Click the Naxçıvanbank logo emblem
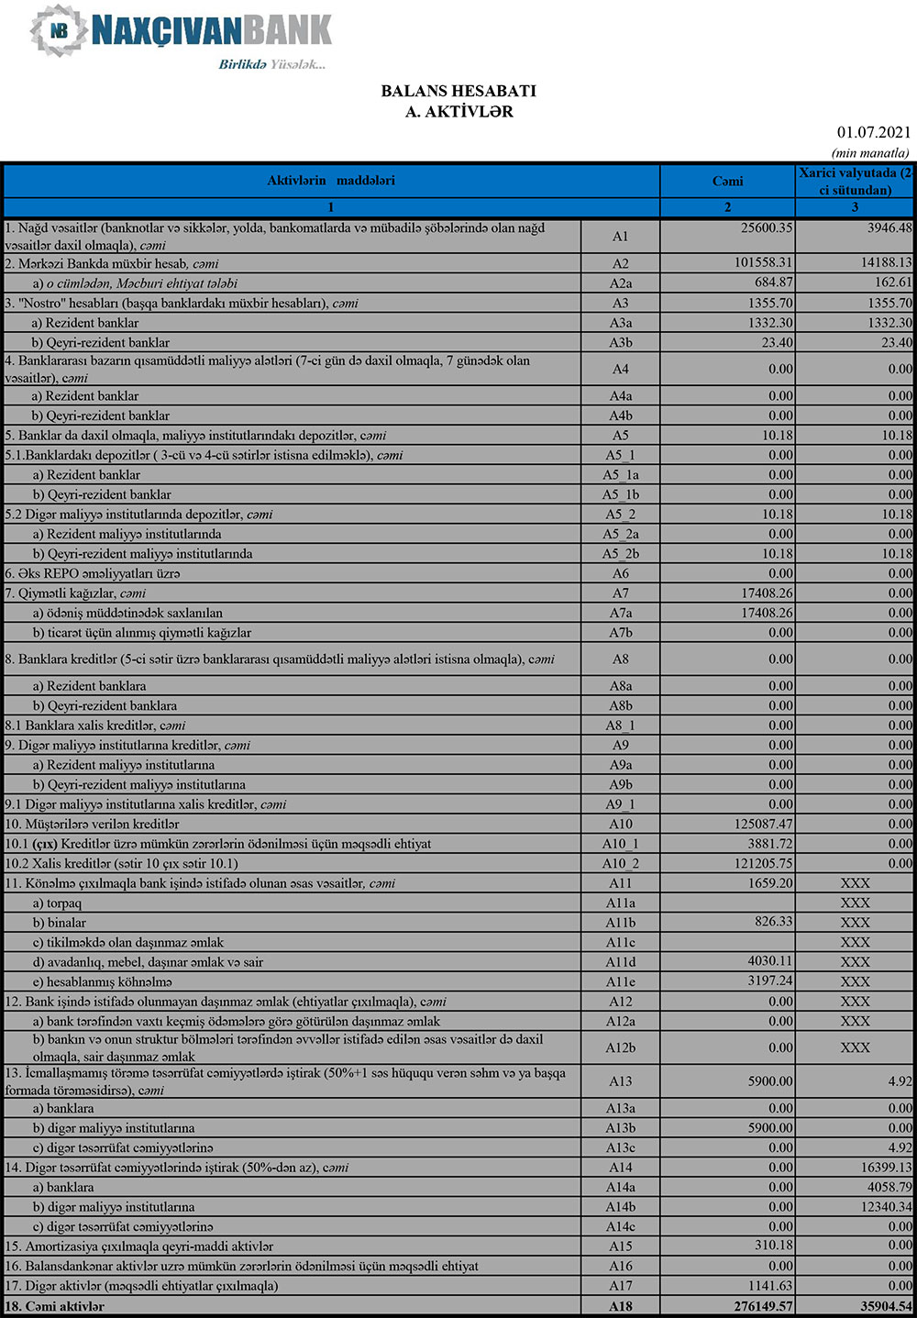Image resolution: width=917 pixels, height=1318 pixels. tap(60, 30)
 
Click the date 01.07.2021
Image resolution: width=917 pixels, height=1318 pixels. tap(873, 133)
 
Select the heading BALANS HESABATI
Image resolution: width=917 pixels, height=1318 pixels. tap(458, 91)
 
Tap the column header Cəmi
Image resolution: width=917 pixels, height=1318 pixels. tap(727, 181)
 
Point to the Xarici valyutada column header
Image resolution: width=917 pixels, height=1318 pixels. tap(855, 181)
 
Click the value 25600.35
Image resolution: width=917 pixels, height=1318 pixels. tap(767, 228)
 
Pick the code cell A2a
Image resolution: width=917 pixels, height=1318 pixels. tap(621, 283)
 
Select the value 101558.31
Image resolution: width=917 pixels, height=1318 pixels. tap(763, 263)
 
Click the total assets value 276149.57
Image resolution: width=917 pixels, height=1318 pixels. tap(757, 1306)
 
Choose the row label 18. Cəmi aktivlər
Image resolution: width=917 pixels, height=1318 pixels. tap(55, 1306)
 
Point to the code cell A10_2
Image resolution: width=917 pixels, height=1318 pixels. tap(621, 863)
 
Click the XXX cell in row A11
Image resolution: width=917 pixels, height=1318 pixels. tap(855, 883)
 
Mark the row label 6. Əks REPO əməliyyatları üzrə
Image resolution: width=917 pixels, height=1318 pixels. tap(93, 573)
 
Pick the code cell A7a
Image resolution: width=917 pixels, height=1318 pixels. tap(621, 613)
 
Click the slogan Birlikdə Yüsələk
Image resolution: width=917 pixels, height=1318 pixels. tap(271, 64)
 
